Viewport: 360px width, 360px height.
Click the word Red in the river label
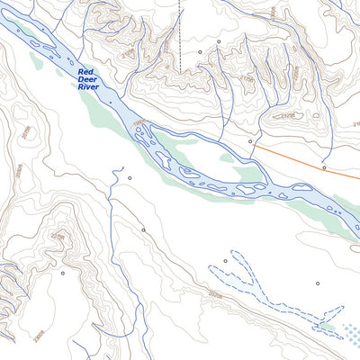pos(85,72)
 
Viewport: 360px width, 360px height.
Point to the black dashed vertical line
pos(180,22)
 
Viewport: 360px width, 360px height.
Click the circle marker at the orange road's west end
pos(250,141)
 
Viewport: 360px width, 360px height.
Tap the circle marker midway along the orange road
pos(324,166)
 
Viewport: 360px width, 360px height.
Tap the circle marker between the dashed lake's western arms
pos(225,260)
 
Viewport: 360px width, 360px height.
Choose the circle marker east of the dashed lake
pos(318,283)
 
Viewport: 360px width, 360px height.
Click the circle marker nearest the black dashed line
pos(200,52)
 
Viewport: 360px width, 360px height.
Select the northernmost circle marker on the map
pos(218,41)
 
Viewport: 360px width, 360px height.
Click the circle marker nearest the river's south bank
pos(129,177)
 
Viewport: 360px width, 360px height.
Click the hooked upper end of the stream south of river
pos(117,168)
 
